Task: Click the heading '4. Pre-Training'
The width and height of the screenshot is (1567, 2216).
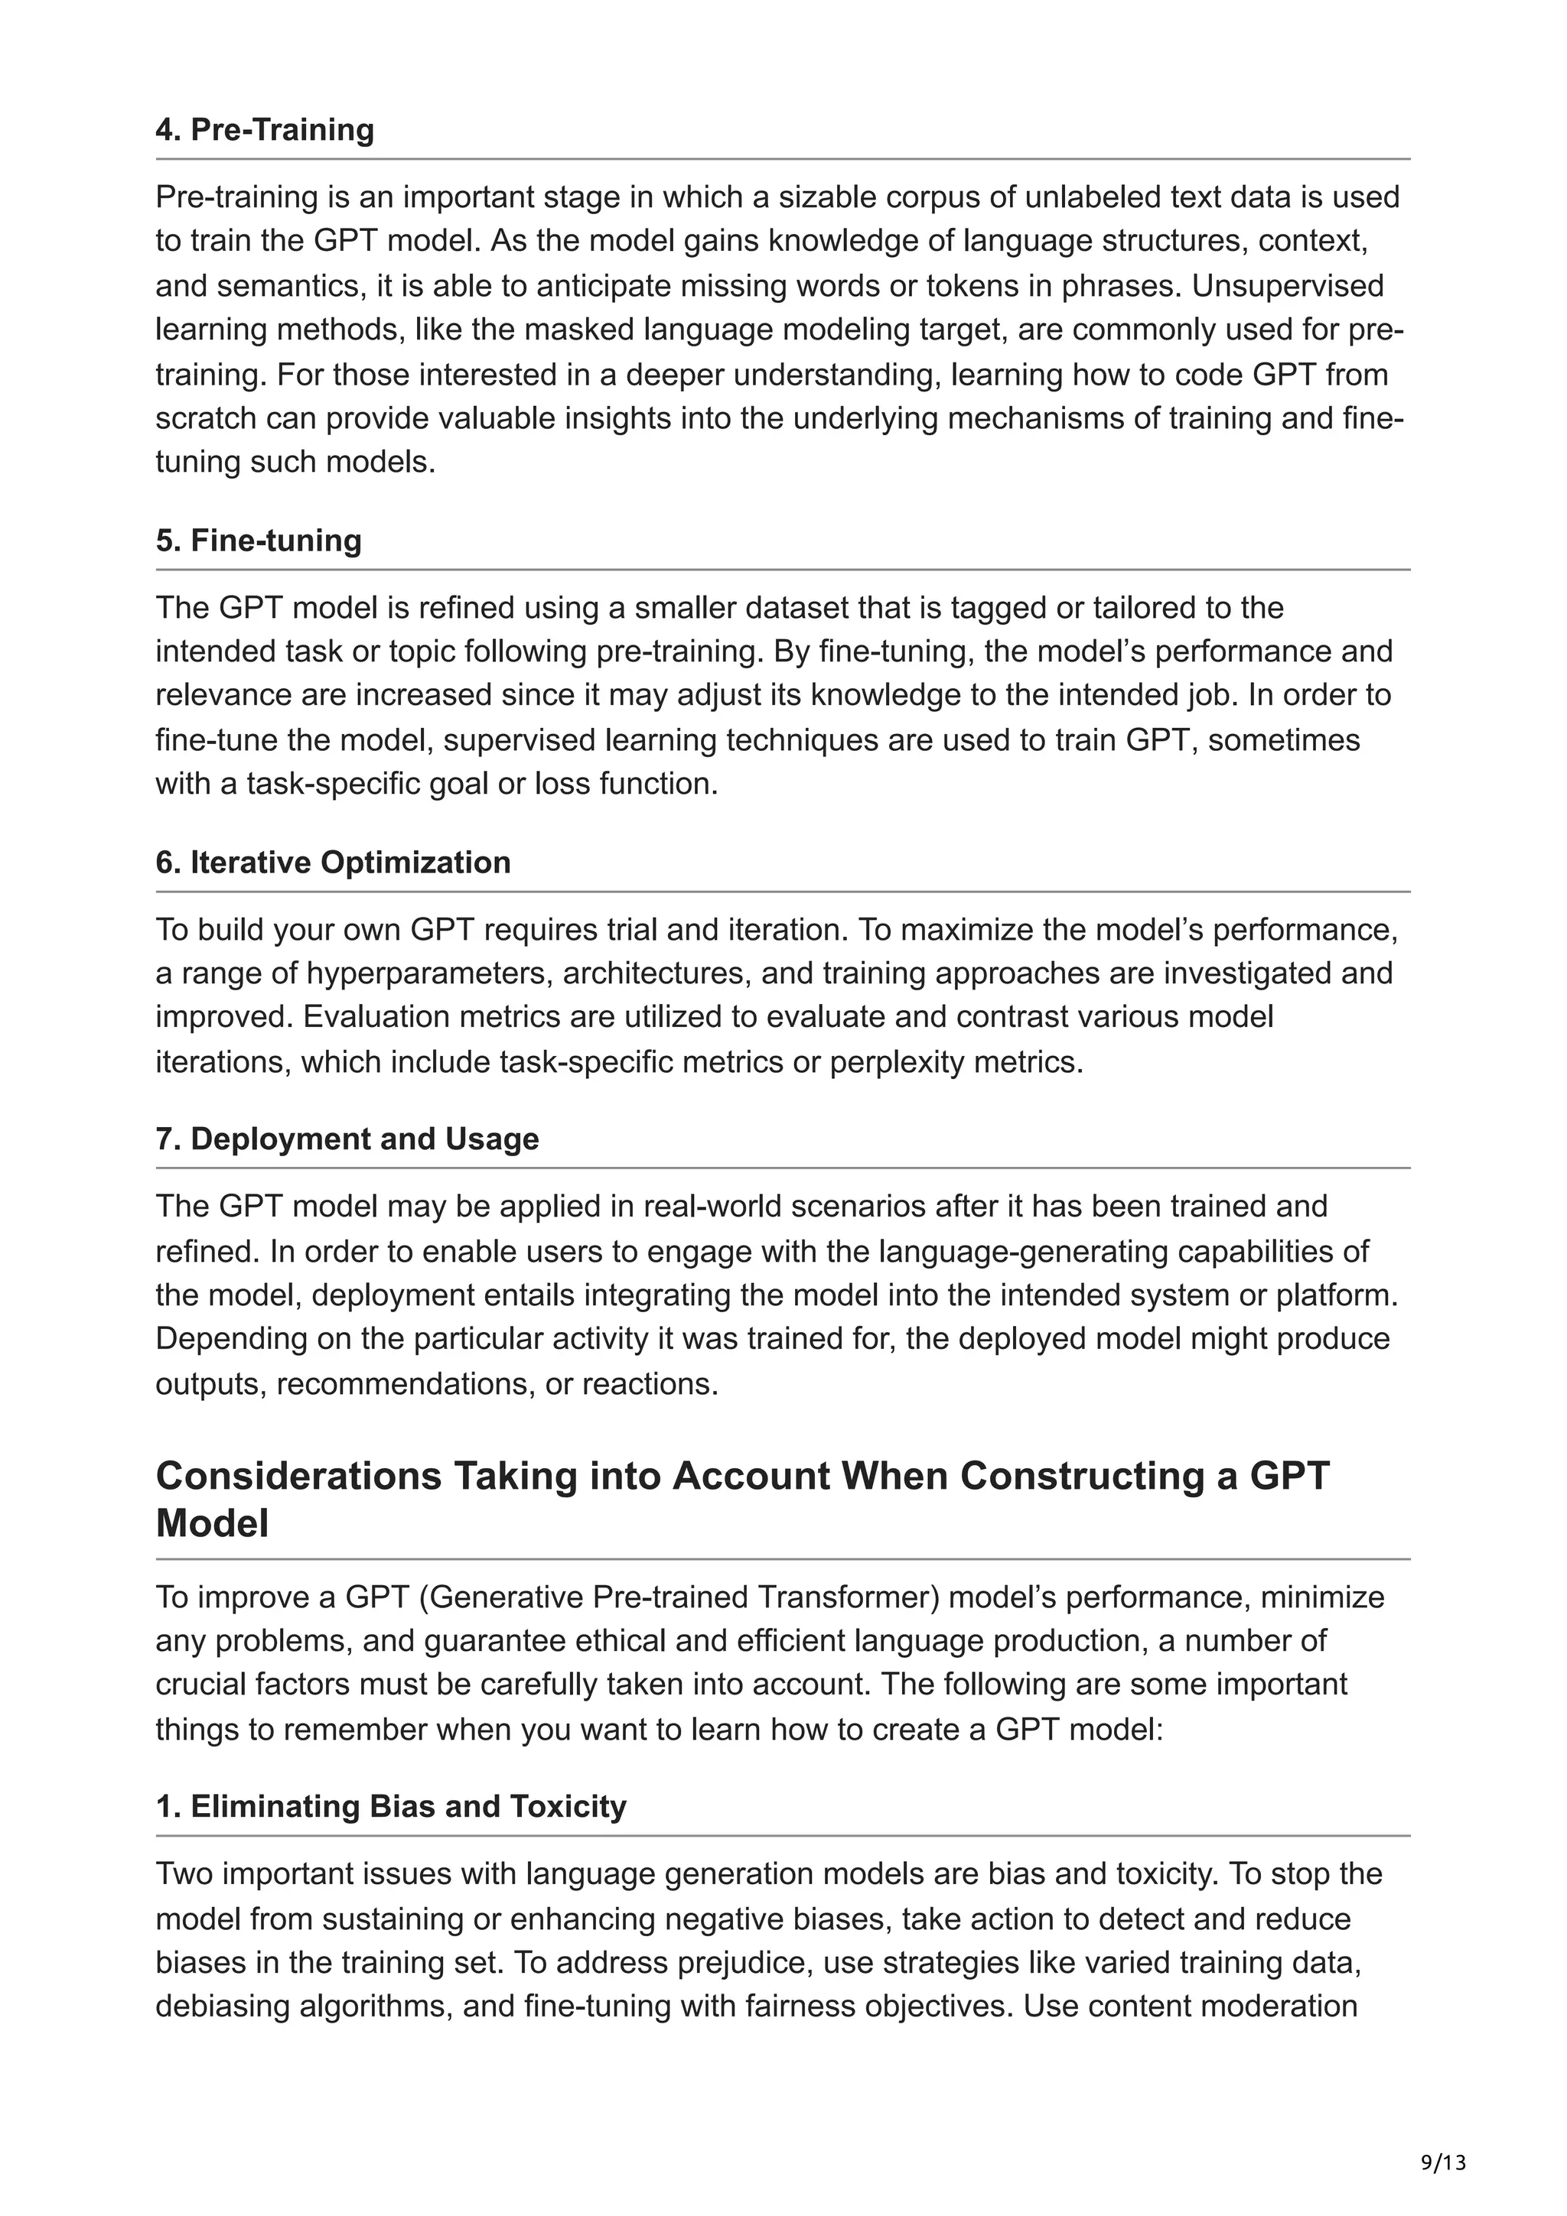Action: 265,129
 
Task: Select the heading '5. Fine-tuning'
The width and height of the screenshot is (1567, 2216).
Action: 259,541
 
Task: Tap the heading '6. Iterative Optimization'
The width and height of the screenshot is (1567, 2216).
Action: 333,862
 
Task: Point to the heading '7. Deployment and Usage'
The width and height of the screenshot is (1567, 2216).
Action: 347,1139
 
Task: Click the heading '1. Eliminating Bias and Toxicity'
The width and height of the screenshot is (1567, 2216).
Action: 391,1807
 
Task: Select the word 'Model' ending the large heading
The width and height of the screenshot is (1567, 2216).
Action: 211,1524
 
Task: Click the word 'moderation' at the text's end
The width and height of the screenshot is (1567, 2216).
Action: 1280,2006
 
